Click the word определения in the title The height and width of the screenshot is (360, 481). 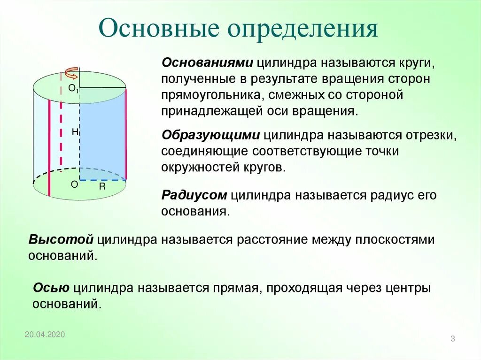[x=303, y=30]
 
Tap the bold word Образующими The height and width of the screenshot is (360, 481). [x=210, y=135]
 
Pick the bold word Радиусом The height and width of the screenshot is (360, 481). [x=194, y=195]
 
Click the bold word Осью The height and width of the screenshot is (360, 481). [x=51, y=287]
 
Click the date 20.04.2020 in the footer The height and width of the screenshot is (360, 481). [x=45, y=334]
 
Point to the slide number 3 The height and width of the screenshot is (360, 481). [x=453, y=339]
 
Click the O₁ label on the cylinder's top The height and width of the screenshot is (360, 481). [x=73, y=88]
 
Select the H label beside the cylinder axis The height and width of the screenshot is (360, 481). [x=75, y=132]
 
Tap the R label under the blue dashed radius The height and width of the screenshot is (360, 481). [x=102, y=186]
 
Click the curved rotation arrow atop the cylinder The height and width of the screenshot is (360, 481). [x=71, y=74]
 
